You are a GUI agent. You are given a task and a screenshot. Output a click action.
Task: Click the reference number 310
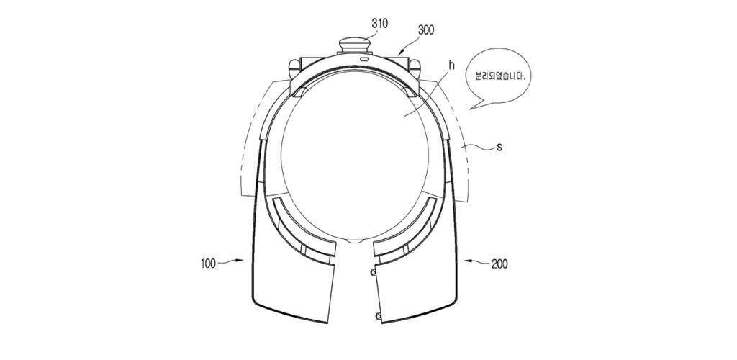click(x=379, y=24)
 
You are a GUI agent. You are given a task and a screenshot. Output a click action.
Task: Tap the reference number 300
click(x=426, y=30)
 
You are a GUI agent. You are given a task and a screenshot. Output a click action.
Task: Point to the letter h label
click(x=451, y=66)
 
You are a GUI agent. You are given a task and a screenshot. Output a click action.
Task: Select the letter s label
click(x=499, y=147)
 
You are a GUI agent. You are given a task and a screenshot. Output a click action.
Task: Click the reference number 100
click(x=208, y=264)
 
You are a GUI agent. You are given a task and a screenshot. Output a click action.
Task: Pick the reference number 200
click(x=499, y=264)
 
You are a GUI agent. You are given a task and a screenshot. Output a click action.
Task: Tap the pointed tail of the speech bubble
click(x=471, y=109)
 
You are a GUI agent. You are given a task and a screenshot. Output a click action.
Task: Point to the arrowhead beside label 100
click(x=241, y=260)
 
